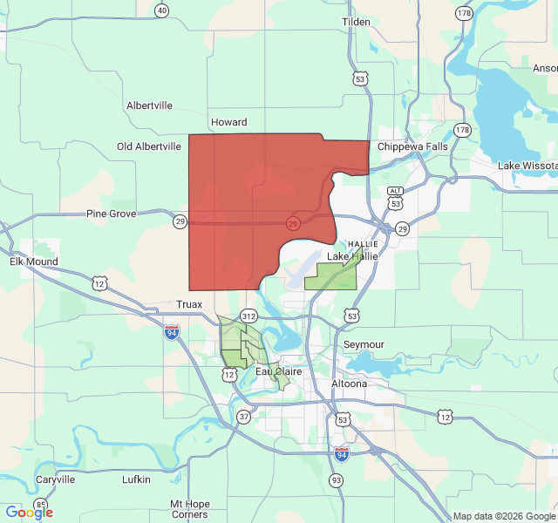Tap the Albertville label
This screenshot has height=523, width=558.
click(x=149, y=105)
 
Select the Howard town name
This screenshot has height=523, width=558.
click(x=228, y=123)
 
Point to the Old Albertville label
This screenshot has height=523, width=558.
click(x=149, y=146)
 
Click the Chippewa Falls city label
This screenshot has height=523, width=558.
click(x=412, y=146)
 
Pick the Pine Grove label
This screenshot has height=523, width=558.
click(x=111, y=214)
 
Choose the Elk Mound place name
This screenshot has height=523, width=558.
click(x=34, y=261)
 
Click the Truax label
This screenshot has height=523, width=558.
click(x=188, y=304)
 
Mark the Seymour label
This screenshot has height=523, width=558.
click(x=364, y=344)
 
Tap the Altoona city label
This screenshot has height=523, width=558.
click(x=349, y=384)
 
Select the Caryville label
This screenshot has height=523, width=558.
click(x=55, y=479)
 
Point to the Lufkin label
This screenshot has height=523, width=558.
click(x=136, y=479)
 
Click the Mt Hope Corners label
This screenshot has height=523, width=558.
click(x=189, y=509)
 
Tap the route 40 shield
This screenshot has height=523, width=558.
click(x=161, y=10)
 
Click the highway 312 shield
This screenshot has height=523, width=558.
click(x=249, y=316)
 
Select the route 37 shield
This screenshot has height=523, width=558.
click(x=243, y=418)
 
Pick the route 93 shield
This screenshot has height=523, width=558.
click(x=337, y=480)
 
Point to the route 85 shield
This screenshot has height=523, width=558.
click(x=41, y=505)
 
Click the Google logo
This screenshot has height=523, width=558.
click(x=29, y=513)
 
